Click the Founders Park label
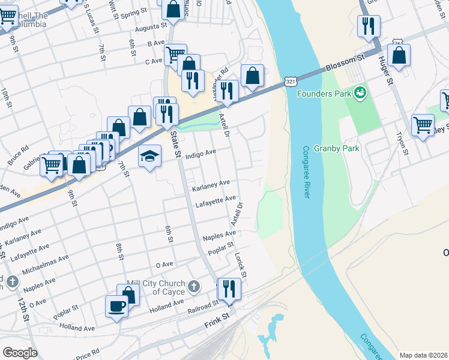click(x=324, y=93)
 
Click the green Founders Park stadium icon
click(x=360, y=93)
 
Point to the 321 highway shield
click(x=290, y=81)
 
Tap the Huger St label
click(x=385, y=70)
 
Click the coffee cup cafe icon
click(x=116, y=306)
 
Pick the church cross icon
click(x=193, y=286)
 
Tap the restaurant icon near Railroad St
click(x=229, y=289)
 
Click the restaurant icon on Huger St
click(x=367, y=26)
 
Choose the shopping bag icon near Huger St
click(x=399, y=56)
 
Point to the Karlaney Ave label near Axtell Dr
click(x=210, y=185)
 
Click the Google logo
click(x=20, y=353)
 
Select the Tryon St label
click(x=402, y=144)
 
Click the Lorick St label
click(x=240, y=264)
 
